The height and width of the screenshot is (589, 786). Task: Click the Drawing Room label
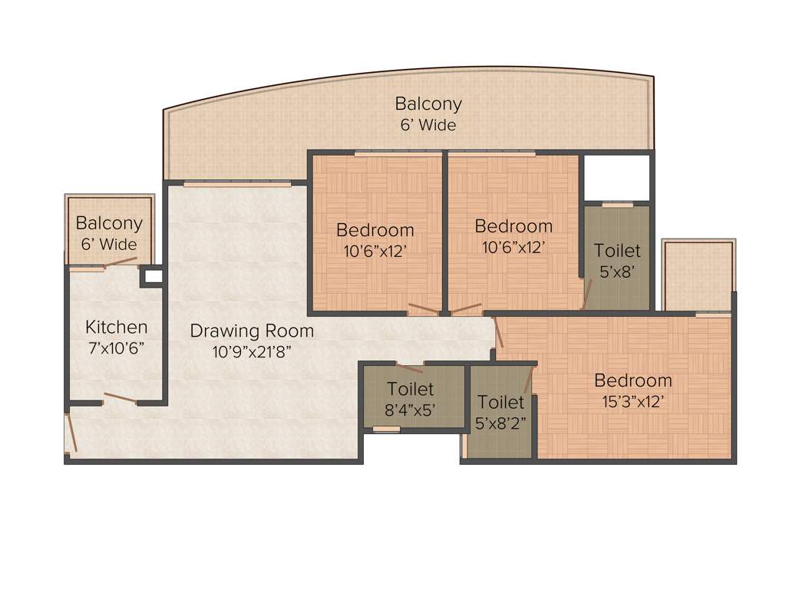tap(252, 331)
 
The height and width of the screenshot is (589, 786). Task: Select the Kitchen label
tap(116, 327)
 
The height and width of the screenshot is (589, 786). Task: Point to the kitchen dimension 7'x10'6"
tap(116, 347)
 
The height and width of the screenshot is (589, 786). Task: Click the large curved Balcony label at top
tap(428, 104)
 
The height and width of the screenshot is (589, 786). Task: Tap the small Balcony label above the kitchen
tap(109, 224)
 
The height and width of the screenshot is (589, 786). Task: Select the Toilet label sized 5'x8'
tap(617, 251)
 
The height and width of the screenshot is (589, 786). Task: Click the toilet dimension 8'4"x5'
tap(410, 409)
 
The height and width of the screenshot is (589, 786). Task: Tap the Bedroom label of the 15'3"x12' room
tap(633, 380)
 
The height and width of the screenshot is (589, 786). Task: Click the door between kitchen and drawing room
tap(121, 398)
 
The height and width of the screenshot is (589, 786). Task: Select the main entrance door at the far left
tap(71, 433)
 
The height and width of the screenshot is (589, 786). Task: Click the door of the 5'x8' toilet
tap(587, 295)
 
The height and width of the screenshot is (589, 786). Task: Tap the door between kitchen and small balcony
tap(120, 262)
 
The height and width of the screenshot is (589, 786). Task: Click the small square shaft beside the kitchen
tap(154, 277)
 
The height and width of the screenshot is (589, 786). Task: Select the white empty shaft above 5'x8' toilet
tap(617, 178)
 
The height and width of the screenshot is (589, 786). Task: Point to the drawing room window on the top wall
tap(237, 184)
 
